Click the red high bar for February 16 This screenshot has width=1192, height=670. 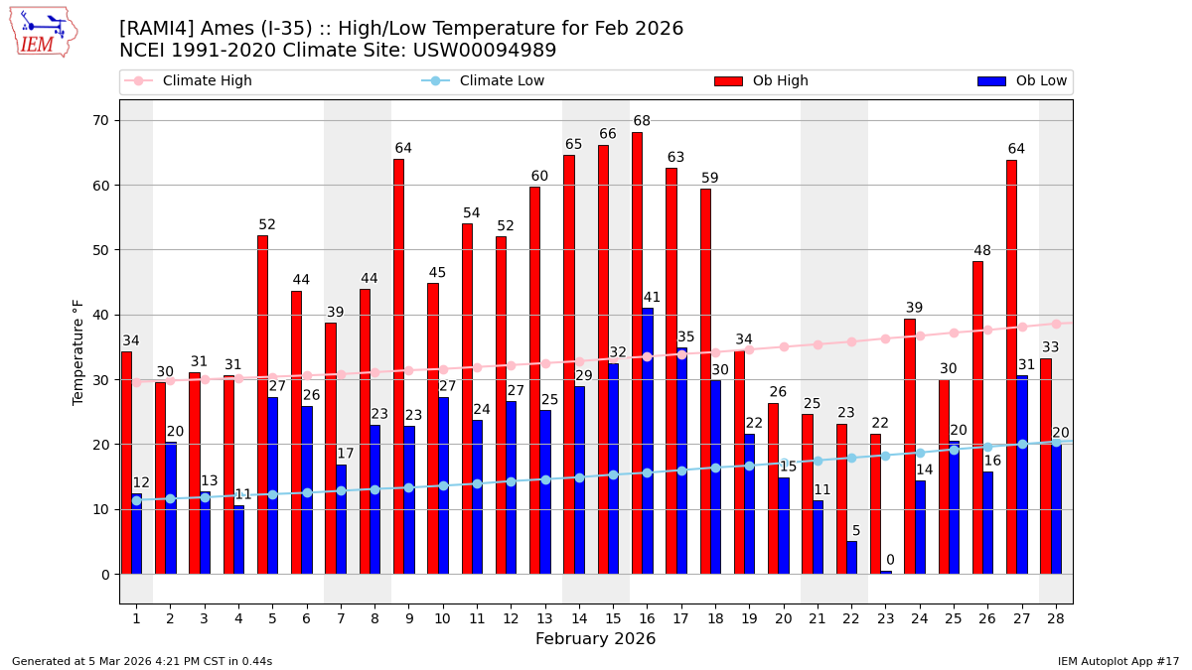(x=637, y=352)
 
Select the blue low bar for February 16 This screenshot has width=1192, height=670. (x=648, y=441)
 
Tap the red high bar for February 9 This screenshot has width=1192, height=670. (x=398, y=366)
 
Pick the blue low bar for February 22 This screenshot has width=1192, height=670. (x=851, y=557)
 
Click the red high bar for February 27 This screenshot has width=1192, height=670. (x=1011, y=366)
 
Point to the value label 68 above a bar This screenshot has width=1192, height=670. (x=642, y=121)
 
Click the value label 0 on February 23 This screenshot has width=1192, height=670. (x=890, y=560)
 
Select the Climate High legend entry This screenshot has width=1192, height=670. (x=189, y=81)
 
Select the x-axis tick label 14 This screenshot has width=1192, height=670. (x=579, y=618)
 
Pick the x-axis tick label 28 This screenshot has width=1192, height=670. (x=1055, y=618)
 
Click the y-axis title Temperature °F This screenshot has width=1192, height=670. (x=78, y=351)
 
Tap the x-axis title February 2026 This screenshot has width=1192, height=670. (x=595, y=639)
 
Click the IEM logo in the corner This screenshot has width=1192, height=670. (x=43, y=32)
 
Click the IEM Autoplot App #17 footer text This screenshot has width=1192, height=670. (x=1117, y=661)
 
